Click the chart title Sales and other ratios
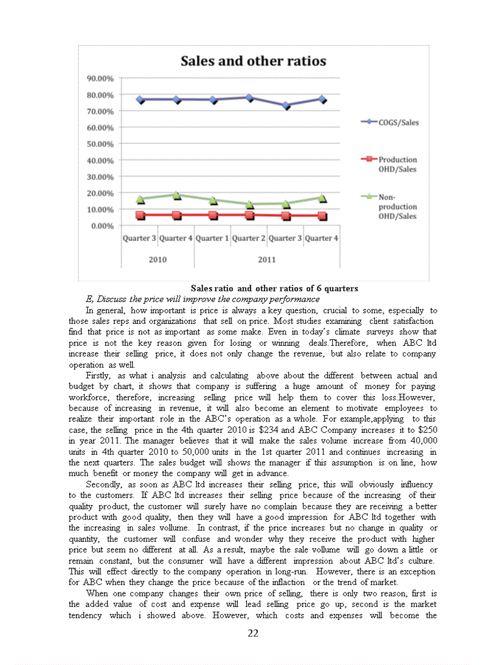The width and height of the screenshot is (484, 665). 253,61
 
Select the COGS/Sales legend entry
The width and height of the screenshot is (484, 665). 394,123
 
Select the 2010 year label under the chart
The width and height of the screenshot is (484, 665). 158,259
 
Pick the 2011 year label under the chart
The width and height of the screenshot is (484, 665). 267,259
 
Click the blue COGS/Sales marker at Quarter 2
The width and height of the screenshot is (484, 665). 249,98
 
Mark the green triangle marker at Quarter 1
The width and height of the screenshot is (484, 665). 213,200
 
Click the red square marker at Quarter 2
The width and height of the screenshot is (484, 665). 249,215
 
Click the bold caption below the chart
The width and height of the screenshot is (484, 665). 274,288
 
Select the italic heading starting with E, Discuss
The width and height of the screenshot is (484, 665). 202,299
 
